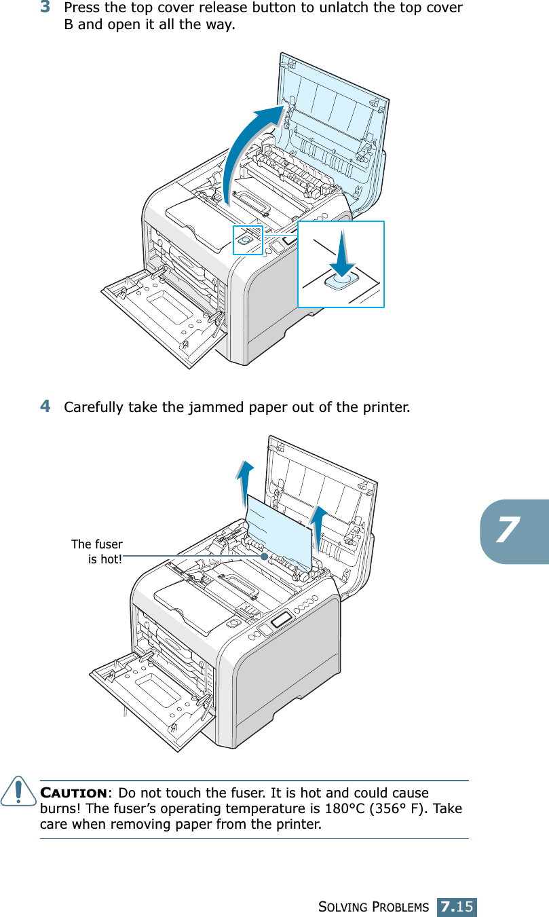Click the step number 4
point(45,407)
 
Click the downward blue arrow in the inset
point(341,252)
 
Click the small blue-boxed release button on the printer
point(247,240)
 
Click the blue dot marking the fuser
point(263,555)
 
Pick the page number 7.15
point(457,906)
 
